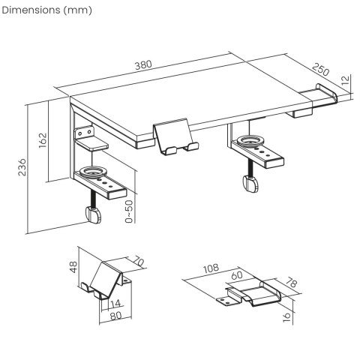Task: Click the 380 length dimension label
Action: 142,64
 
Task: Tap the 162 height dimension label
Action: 42,140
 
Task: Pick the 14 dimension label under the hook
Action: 115,304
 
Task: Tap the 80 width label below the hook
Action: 114,315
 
